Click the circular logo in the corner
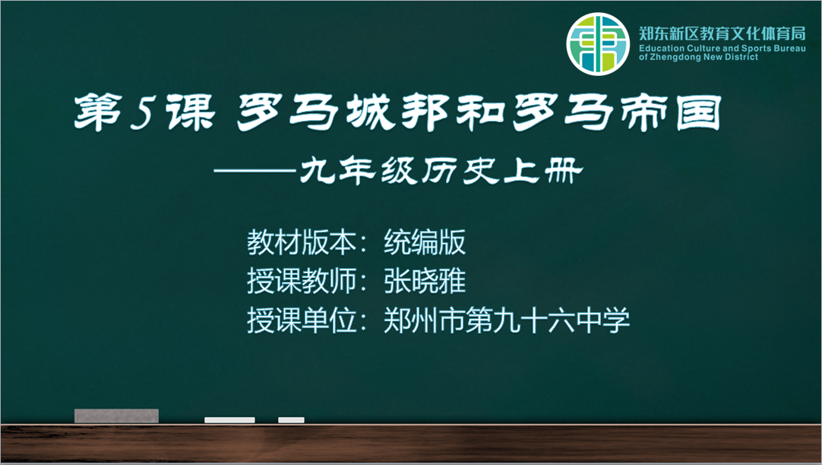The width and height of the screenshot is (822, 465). [x=598, y=44]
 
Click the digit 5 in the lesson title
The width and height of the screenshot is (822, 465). [x=141, y=112]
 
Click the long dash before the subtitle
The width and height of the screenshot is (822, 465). [x=255, y=171]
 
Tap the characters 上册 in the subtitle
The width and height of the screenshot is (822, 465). [x=543, y=171]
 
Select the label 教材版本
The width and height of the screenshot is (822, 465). [x=302, y=242]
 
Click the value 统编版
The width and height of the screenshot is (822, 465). [x=425, y=242]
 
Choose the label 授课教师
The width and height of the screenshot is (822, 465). [x=302, y=281]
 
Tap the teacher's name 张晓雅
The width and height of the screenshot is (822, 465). [x=425, y=281]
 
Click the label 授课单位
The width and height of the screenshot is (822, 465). [x=302, y=320]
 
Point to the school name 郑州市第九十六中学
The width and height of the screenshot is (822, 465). [x=507, y=320]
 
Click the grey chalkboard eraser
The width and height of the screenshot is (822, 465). [x=116, y=416]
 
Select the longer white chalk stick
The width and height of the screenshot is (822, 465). [x=229, y=420]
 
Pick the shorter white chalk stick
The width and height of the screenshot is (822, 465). [x=292, y=420]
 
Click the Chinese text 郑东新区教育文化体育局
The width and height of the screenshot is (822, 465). [x=722, y=33]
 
